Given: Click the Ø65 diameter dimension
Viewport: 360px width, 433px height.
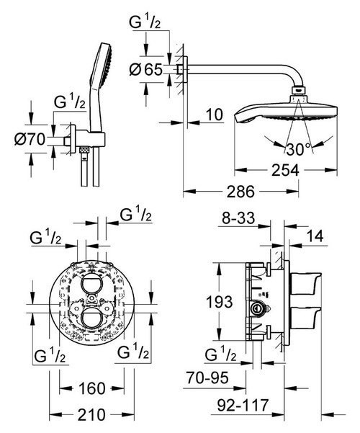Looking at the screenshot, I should click(148, 70).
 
